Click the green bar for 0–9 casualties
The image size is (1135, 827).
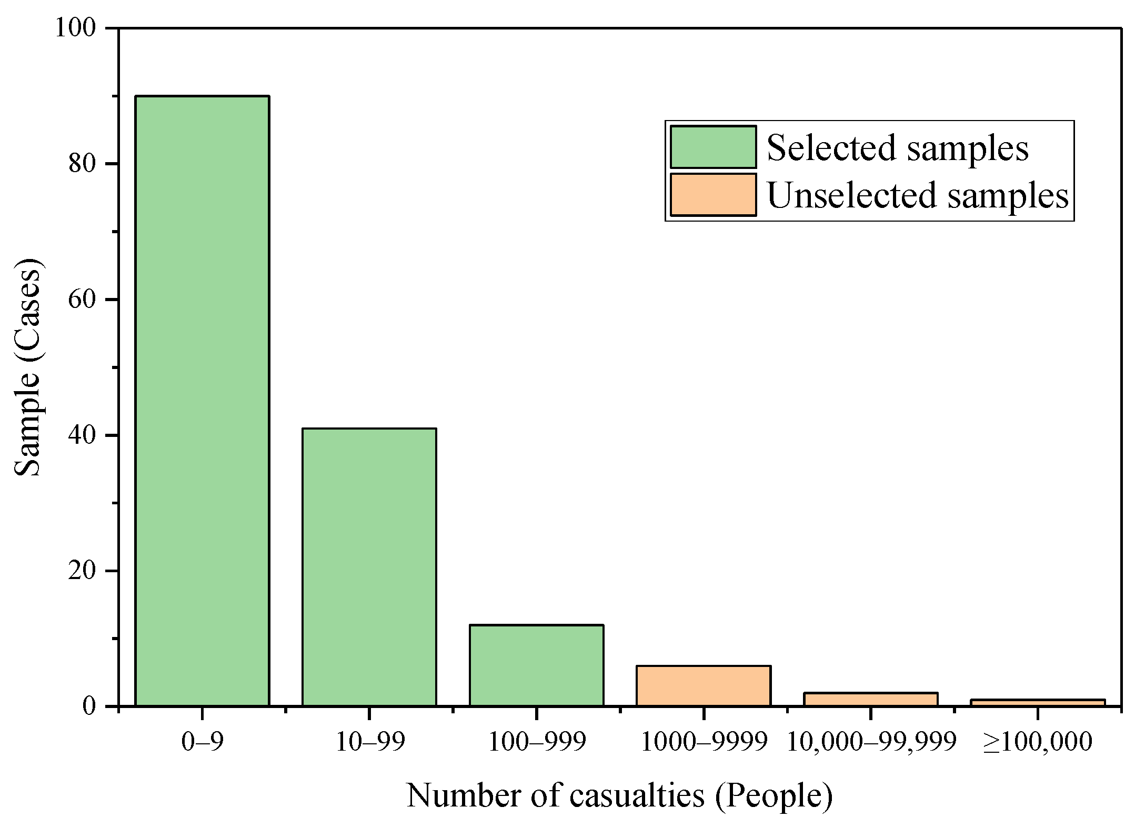tap(202, 400)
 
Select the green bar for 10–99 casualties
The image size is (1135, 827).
tap(369, 566)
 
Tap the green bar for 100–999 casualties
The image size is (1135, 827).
tap(536, 665)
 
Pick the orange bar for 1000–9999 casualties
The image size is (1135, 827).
tap(704, 685)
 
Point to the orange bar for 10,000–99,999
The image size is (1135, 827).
tap(871, 699)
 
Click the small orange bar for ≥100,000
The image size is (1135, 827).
tap(1038, 703)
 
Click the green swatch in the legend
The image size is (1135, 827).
tap(713, 147)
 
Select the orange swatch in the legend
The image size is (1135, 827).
tap(713, 194)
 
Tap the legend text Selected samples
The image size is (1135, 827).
tap(897, 148)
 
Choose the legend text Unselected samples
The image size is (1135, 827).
tap(918, 195)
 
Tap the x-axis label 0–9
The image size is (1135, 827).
tap(202, 742)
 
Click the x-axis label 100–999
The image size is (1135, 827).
tap(536, 742)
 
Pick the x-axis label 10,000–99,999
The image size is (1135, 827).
tap(871, 742)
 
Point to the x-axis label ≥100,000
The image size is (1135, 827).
tap(1037, 742)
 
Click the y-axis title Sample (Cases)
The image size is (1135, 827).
tap(27, 367)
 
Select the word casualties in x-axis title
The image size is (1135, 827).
tap(637, 795)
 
